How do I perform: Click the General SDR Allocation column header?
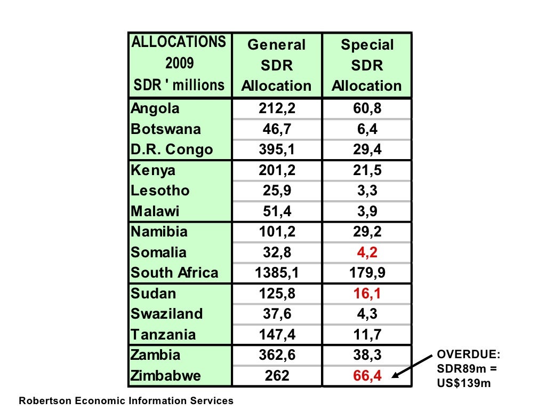pyautogui.click(x=276, y=65)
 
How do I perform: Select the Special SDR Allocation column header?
pyautogui.click(x=367, y=65)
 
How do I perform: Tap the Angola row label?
pyautogui.click(x=155, y=109)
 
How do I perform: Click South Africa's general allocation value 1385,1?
pyautogui.click(x=277, y=273)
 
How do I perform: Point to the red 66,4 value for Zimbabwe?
pyautogui.click(x=367, y=376)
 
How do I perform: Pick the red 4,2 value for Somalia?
pyautogui.click(x=367, y=253)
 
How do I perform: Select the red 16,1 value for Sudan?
pyautogui.click(x=367, y=294)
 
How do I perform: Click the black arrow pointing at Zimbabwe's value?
pyautogui.click(x=413, y=367)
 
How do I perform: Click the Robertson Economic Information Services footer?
pyautogui.click(x=126, y=400)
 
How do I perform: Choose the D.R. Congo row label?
pyautogui.click(x=172, y=150)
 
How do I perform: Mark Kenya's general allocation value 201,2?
pyautogui.click(x=277, y=171)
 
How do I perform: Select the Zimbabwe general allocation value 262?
pyautogui.click(x=277, y=376)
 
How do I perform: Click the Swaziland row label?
pyautogui.click(x=167, y=314)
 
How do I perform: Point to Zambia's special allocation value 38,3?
pyautogui.click(x=367, y=355)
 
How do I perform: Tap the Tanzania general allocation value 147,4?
pyautogui.click(x=277, y=335)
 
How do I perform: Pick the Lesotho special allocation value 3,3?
pyautogui.click(x=367, y=191)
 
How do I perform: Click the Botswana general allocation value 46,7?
pyautogui.click(x=277, y=130)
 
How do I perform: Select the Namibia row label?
pyautogui.click(x=159, y=232)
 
